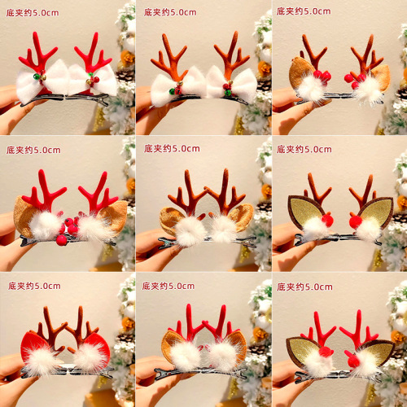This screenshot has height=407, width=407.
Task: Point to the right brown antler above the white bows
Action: (231, 55)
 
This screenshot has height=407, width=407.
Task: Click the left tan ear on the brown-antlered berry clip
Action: (299, 72)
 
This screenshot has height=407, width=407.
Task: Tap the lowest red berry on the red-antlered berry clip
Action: (62, 241)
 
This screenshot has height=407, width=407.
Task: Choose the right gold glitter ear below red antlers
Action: (379, 351)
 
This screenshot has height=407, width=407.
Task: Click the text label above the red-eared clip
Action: (34, 286)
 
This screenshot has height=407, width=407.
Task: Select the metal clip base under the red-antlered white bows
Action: (65, 99)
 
